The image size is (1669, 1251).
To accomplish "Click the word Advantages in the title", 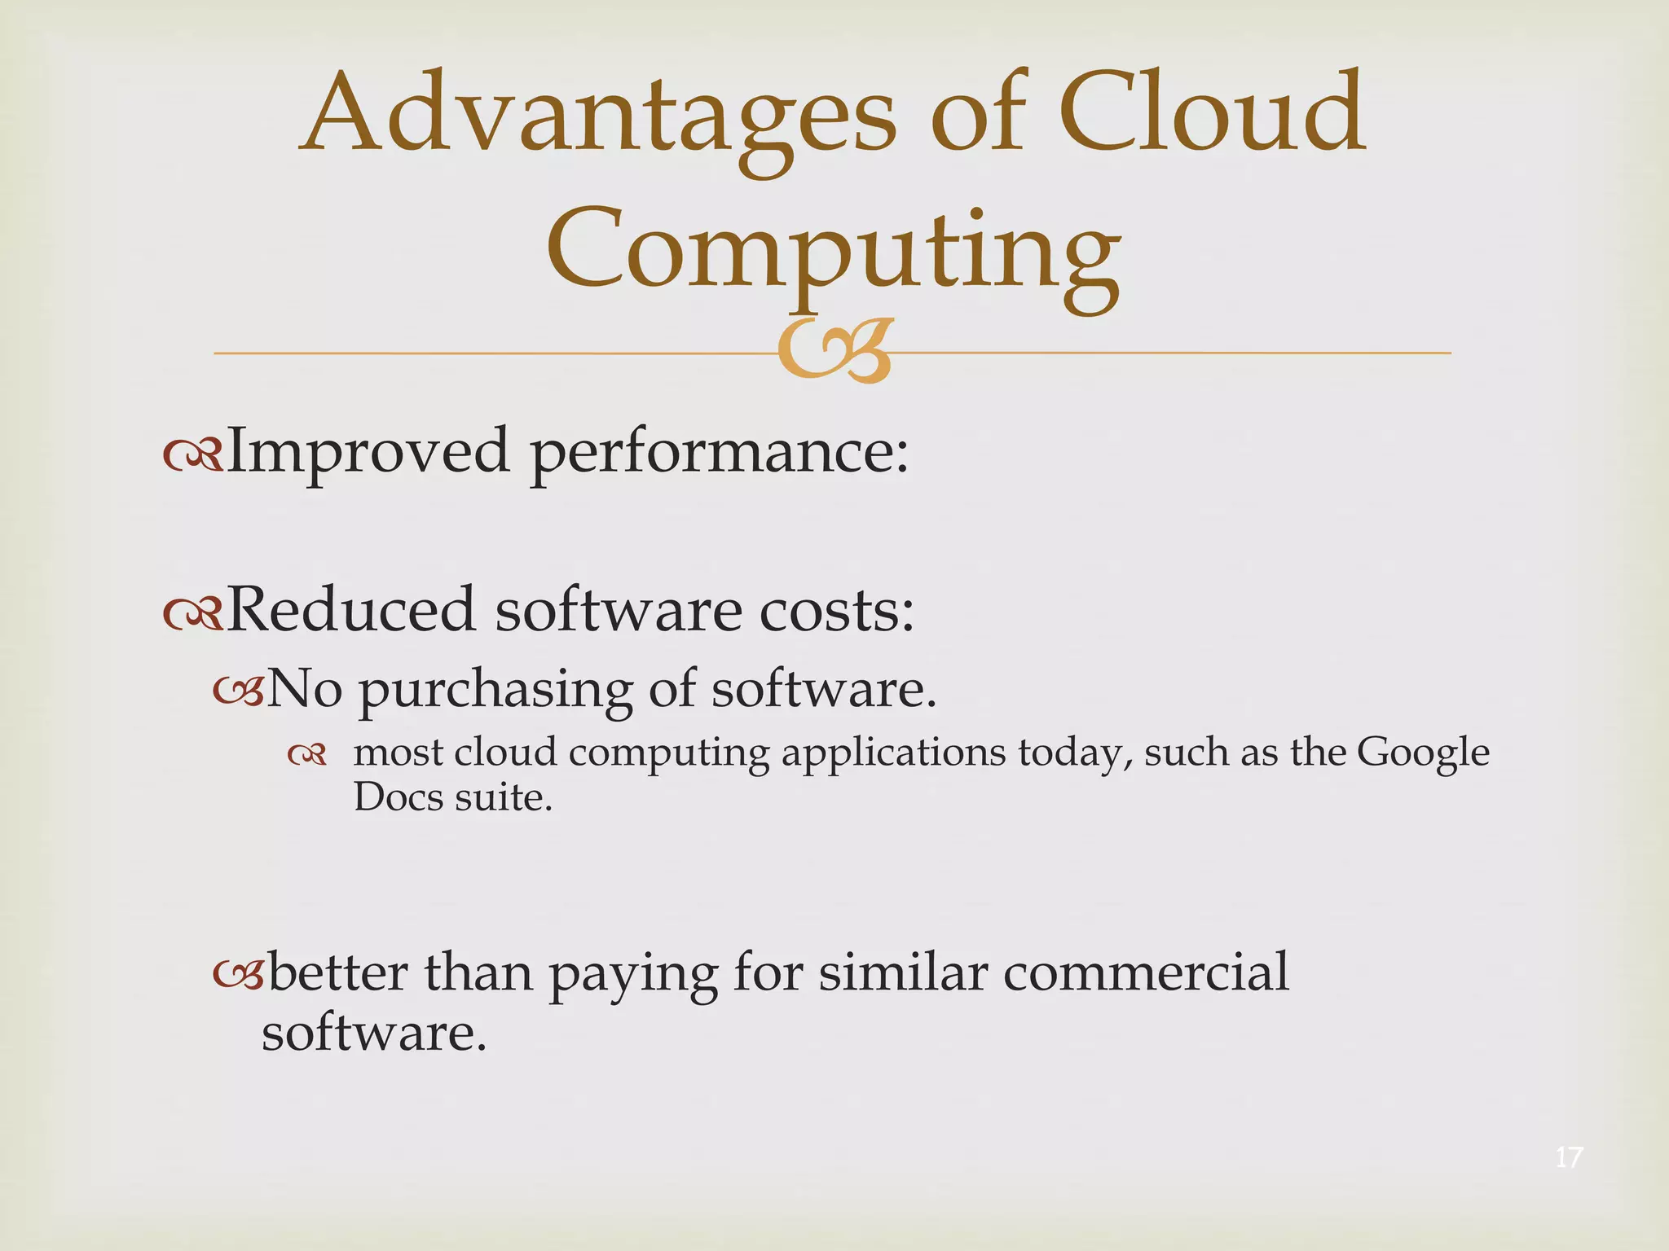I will pos(599,114).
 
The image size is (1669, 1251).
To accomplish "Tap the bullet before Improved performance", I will pos(192,458).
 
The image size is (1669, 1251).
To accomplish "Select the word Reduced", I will pos(350,609).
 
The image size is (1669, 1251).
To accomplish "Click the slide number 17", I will pos(1569,1157).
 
